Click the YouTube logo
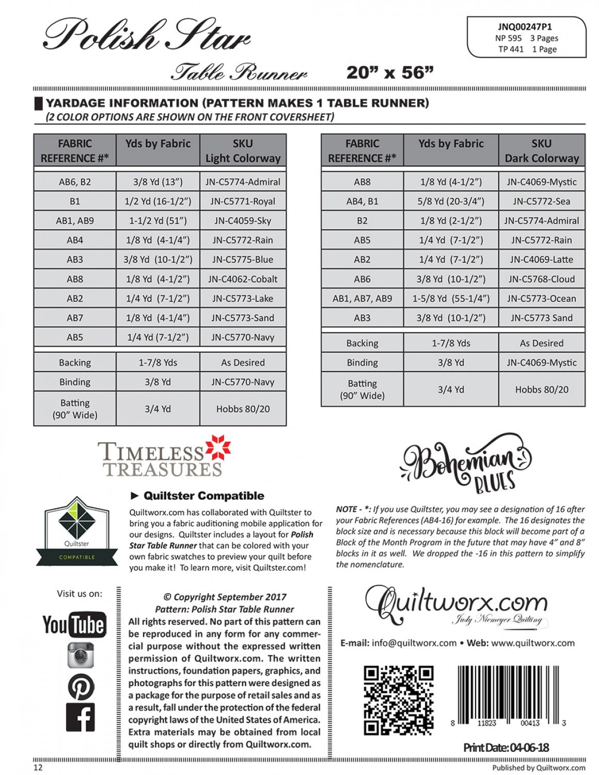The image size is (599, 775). pos(74,625)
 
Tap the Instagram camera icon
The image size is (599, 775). pos(81,655)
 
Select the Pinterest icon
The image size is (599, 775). pos(81,687)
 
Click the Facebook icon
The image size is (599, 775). pos(81,717)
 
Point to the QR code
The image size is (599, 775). pos(398,700)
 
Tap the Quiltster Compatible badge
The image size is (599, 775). pos(76,532)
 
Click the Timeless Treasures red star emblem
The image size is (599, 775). pos(218,448)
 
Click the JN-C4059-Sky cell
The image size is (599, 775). pos(243,221)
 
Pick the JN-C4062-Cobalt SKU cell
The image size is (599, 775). pos(243,279)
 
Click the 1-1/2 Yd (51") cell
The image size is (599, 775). pos(158,221)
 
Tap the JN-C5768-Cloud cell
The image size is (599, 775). pos(541,279)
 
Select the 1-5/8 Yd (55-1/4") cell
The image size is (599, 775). pos(451,299)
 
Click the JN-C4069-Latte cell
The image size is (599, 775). pos(541,259)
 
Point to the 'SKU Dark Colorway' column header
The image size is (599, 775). pos(541,151)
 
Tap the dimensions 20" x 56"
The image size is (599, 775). pos(390,72)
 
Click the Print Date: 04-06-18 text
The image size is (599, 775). pos(506,747)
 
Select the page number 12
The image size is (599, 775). pos(38,767)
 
